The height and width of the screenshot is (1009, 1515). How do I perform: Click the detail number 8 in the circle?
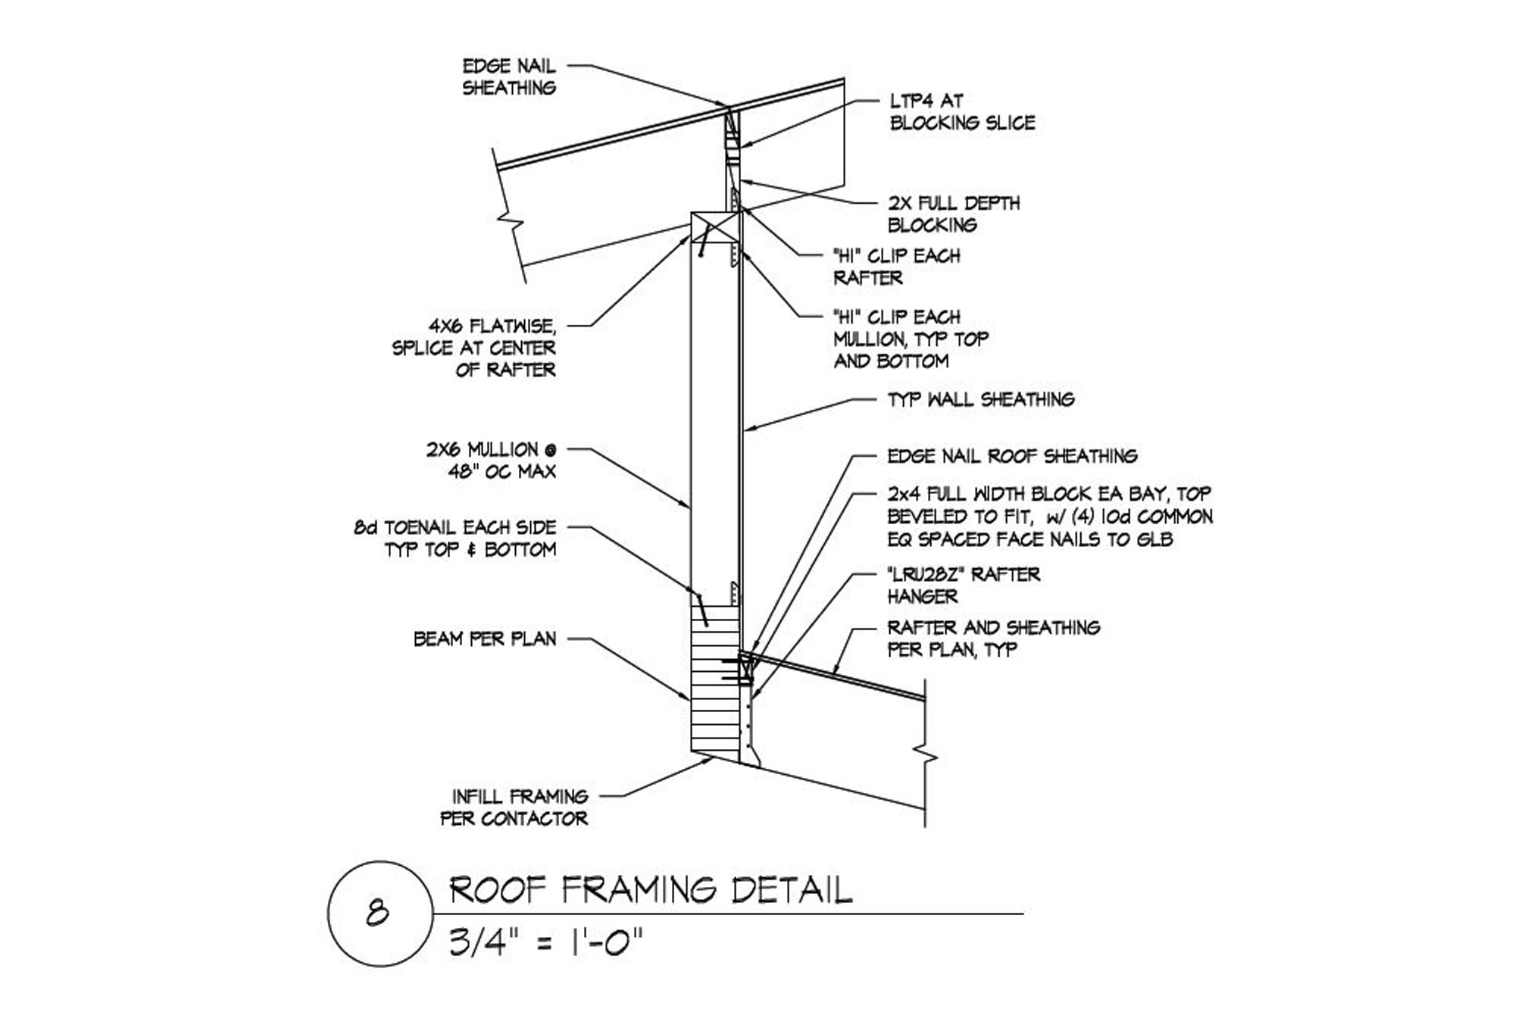377,913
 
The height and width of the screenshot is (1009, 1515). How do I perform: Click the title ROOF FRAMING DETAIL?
651,890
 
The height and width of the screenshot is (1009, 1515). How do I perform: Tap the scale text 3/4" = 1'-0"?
545,943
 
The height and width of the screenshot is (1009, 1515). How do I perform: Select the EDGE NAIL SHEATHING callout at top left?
509,77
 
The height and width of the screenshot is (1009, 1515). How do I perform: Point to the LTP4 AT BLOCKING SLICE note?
962,111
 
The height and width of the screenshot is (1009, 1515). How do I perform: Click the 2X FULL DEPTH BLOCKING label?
953,214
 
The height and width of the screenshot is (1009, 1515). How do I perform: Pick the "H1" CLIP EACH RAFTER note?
896,267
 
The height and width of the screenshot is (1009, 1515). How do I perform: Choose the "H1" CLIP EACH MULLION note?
911,339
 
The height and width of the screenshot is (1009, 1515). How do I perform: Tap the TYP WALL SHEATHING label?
980,399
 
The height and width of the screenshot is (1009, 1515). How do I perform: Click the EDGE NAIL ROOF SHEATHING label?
1012,456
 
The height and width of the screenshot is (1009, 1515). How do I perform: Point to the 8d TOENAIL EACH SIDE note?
455,538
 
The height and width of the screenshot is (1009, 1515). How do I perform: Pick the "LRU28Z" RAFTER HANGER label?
964,585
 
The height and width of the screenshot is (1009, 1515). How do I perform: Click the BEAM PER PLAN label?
485,639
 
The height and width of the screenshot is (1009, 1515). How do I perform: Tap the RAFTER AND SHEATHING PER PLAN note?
993,638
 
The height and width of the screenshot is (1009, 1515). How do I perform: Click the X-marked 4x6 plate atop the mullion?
715,226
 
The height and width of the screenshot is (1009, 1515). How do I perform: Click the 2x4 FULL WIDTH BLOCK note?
1049,517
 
